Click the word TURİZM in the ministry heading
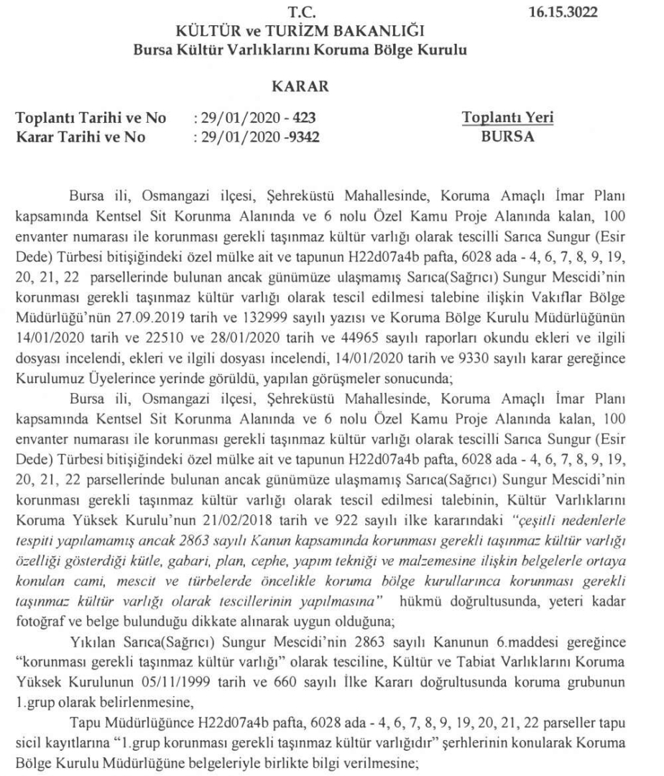pyautogui.click(x=320, y=30)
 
